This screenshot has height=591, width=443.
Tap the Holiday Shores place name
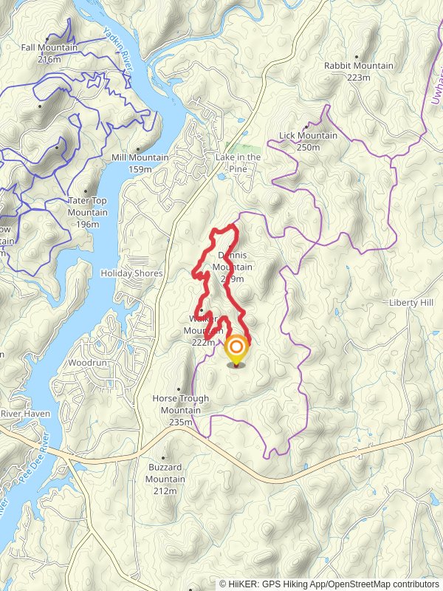(x=131, y=273)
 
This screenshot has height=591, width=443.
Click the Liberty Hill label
(x=411, y=303)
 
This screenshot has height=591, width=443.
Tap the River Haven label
(x=25, y=414)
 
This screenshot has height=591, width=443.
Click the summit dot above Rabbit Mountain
(x=357, y=56)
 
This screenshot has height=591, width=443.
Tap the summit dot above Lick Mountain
(x=306, y=126)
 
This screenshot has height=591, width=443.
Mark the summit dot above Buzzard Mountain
(x=164, y=458)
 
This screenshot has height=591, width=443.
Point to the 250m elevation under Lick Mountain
(x=308, y=147)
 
